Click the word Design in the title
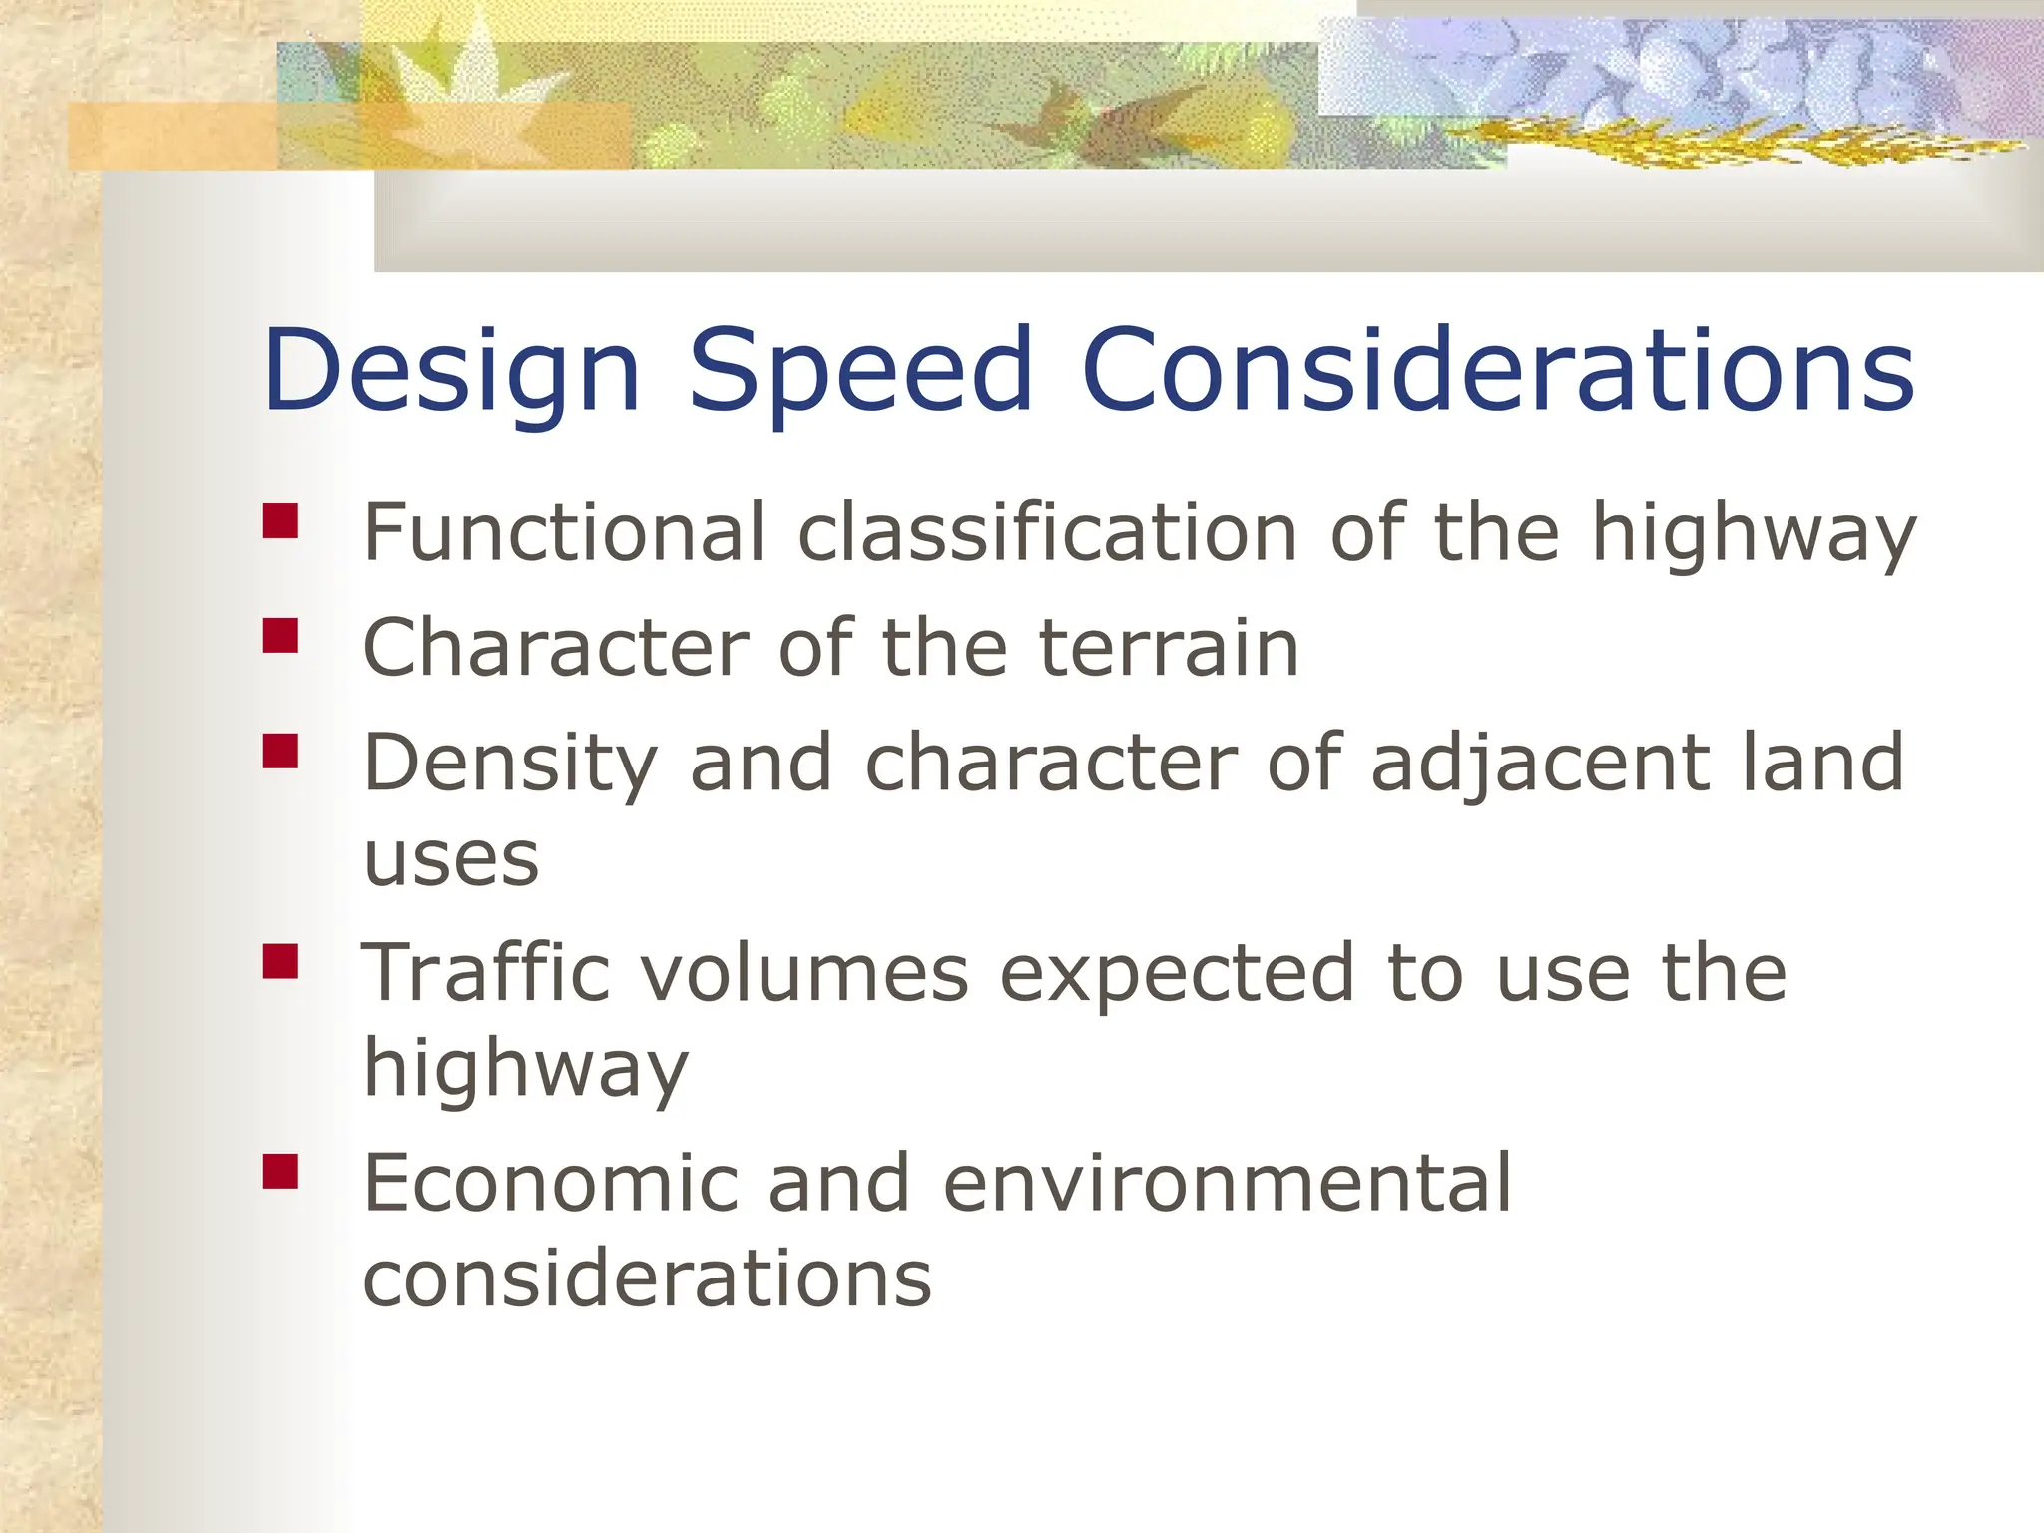451,371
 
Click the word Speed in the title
860,371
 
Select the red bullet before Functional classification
281,521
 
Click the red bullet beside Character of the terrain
281,636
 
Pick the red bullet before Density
281,751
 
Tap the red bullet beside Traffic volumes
281,961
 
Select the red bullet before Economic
281,1172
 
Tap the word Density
510,764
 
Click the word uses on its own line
451,860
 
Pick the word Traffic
485,972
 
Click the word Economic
550,1183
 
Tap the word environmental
1227,1183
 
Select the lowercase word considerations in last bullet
647,1278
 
